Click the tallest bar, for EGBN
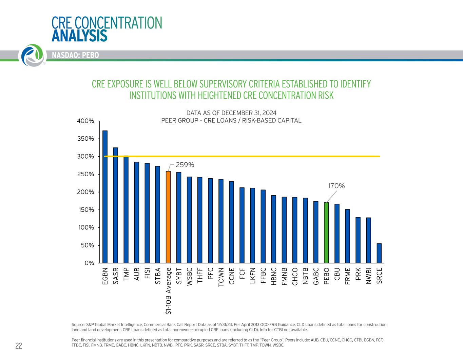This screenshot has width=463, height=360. point(105,197)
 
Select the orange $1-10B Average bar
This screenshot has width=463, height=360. point(168,217)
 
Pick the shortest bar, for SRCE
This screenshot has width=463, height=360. point(379,253)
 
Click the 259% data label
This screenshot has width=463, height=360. point(185,165)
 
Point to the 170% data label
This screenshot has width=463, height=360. point(336,186)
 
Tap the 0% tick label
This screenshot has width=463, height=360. point(89,263)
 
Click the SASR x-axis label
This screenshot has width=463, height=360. point(115,276)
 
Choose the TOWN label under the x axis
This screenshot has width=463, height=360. point(221,277)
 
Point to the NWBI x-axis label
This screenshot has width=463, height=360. point(368,276)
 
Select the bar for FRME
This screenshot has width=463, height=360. point(347,236)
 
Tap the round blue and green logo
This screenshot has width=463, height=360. point(32,55)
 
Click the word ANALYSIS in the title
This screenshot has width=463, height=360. point(79,36)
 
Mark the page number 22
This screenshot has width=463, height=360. point(19,346)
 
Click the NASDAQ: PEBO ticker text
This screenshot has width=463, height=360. point(75,55)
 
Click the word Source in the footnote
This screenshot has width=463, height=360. point(78,324)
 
